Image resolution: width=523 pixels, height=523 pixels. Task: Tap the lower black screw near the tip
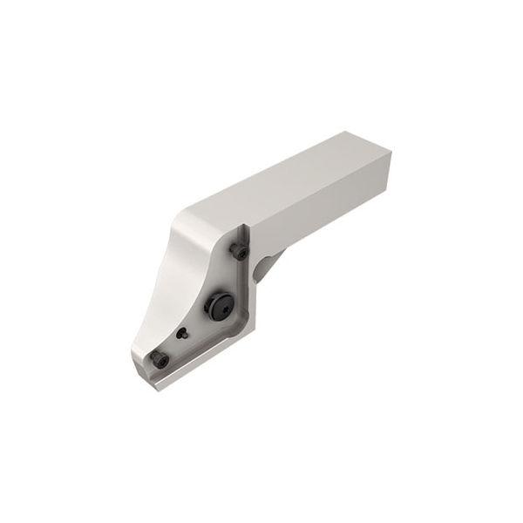(160, 359)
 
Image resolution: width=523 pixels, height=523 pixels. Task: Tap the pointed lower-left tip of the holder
(135, 357)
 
